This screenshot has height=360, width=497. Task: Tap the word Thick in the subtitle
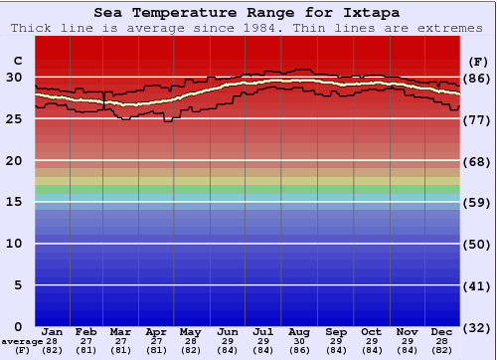33,28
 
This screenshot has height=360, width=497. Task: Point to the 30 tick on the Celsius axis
15,77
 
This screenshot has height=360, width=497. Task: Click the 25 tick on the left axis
15,118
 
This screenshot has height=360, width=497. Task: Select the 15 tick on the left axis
15,202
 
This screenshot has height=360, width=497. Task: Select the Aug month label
299,331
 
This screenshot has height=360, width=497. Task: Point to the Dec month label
442,331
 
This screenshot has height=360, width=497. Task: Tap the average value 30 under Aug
299,341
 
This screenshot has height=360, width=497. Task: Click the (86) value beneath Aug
299,350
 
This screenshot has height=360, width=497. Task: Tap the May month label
191,331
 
